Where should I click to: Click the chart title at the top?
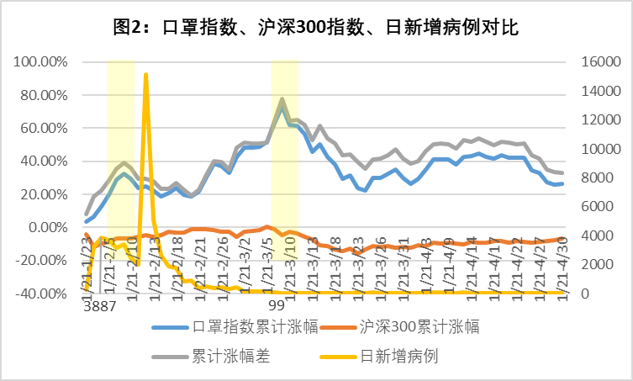click(316, 27)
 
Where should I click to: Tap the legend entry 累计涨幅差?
click(230, 357)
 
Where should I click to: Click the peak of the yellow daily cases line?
click(146, 75)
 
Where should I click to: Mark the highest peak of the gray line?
click(282, 99)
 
